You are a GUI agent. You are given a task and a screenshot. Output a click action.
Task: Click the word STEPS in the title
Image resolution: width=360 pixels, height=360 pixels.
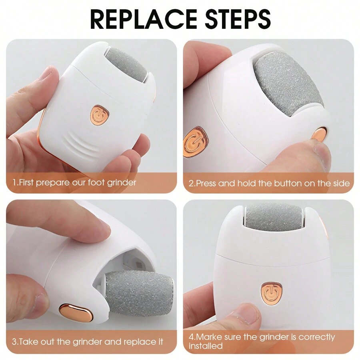pyautogui.click(x=238, y=19)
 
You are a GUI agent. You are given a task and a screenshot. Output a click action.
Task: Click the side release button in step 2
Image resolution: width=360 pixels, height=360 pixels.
pyautogui.click(x=319, y=136)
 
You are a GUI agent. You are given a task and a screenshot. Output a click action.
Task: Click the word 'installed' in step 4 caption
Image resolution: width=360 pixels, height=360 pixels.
pyautogui.click(x=206, y=346)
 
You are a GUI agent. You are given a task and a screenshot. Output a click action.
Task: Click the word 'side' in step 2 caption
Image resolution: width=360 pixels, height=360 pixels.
pyautogui.click(x=342, y=184)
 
